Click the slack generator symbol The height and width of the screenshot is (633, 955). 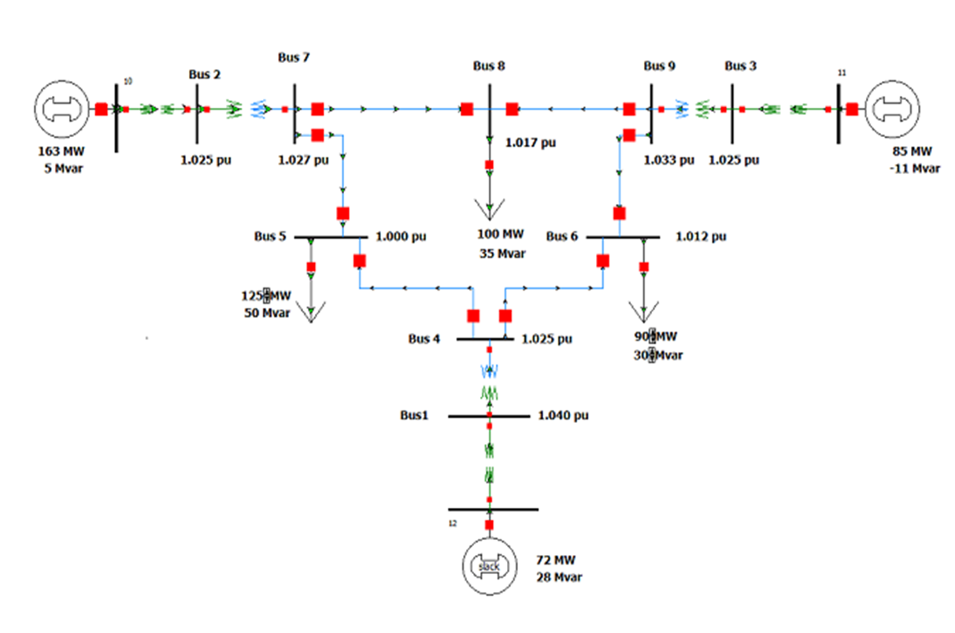489,566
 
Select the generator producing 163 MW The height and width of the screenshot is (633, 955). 61,109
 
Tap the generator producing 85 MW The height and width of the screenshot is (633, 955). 892,109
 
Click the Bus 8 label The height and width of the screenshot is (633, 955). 489,66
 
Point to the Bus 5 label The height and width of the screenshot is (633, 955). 270,236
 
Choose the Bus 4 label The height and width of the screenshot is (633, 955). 424,339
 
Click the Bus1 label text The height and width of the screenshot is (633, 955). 414,415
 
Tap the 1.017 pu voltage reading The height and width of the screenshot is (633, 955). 531,143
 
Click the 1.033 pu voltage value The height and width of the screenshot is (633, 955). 669,160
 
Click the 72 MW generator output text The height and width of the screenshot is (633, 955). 556,561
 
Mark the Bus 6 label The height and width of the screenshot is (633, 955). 562,236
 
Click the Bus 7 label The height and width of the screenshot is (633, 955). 294,57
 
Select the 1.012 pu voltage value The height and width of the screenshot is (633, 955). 701,236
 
